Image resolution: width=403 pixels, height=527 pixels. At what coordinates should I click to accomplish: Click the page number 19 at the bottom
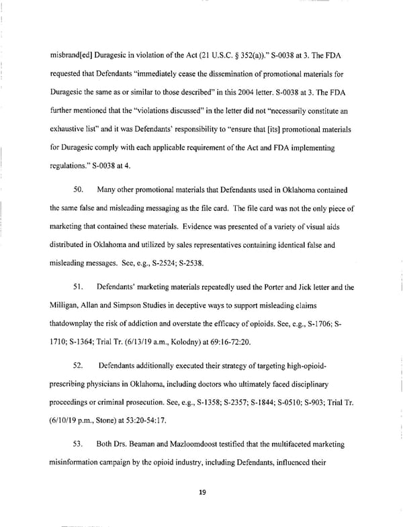[x=201, y=493]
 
